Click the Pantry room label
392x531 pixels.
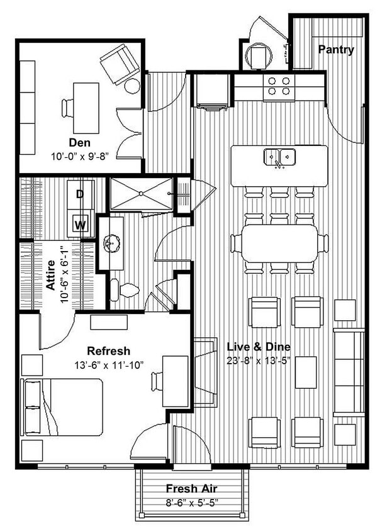335,50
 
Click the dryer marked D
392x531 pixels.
81,194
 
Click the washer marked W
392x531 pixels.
81,224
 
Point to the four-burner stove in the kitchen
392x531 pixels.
279,86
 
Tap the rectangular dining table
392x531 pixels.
279,243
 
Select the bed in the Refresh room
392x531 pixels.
63,406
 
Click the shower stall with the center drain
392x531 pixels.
141,194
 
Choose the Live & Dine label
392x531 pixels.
259,347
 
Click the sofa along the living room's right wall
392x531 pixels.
349,372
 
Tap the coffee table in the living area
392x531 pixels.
306,372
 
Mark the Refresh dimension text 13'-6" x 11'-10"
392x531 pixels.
108,364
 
